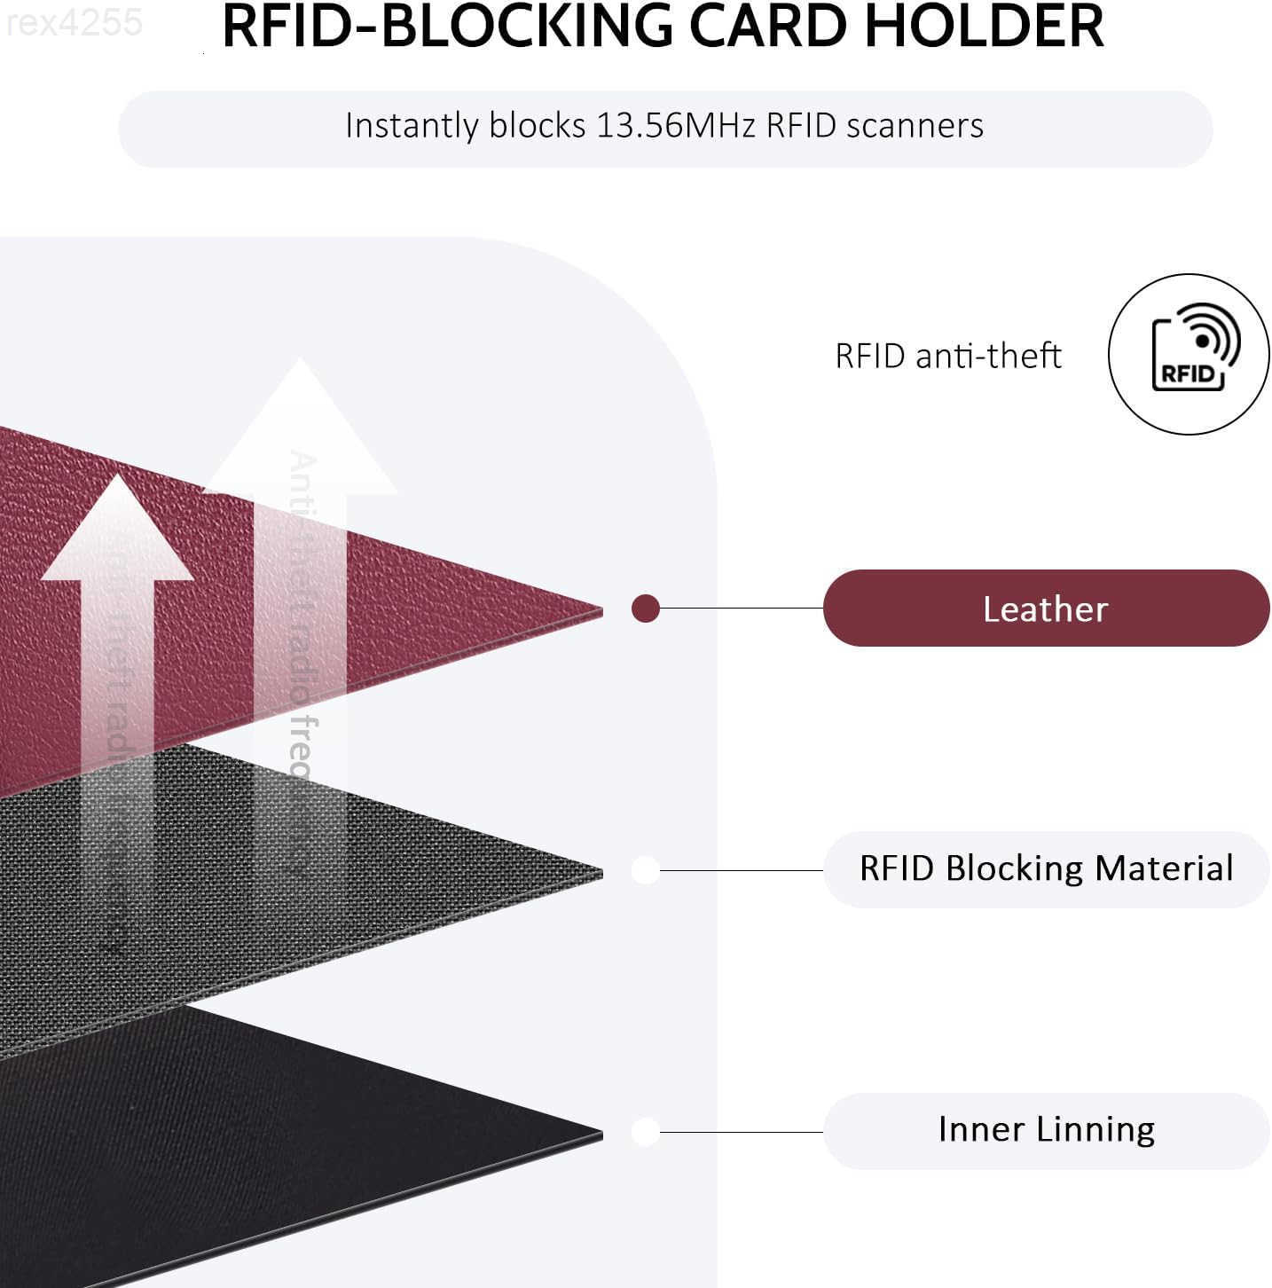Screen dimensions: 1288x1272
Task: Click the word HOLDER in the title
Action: point(984,26)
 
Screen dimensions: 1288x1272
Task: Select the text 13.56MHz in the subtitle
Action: point(675,126)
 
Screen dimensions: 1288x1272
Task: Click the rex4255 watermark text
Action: point(74,22)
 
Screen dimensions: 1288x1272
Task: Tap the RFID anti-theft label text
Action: point(947,356)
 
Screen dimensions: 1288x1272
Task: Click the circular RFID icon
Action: point(1189,354)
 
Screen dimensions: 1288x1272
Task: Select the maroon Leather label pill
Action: point(1046,609)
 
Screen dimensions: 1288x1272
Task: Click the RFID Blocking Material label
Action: point(1046,868)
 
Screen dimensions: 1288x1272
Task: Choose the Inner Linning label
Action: point(1046,1129)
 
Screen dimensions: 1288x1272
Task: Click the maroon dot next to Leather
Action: point(645,609)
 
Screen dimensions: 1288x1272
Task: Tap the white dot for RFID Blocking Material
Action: point(645,870)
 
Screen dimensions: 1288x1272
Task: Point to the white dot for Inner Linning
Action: point(645,1132)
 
